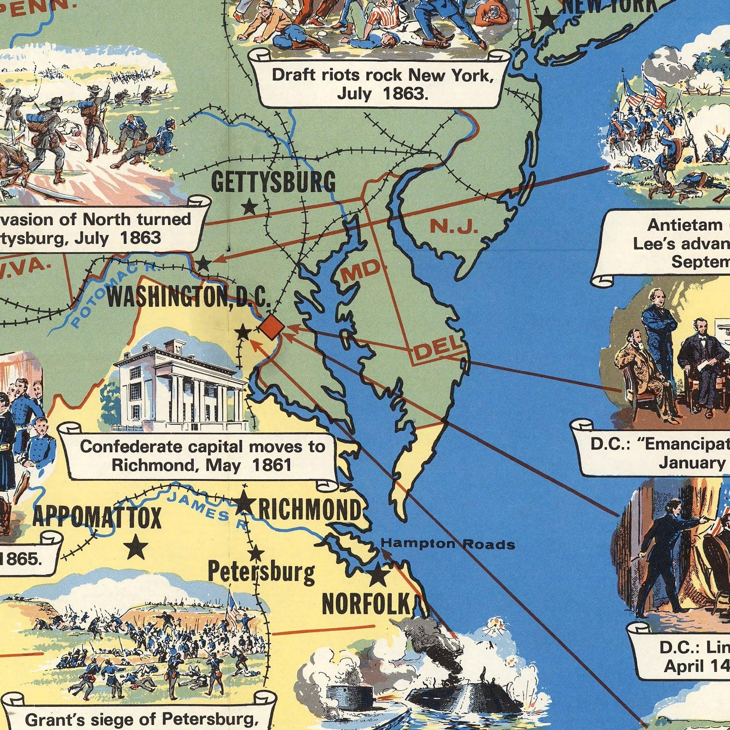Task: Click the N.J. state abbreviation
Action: coord(454,227)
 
